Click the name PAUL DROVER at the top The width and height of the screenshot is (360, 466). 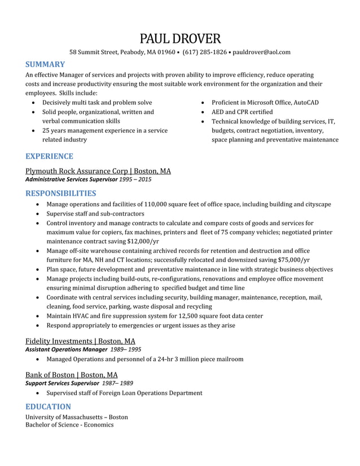click(180, 38)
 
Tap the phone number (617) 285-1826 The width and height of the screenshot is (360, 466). click(205, 52)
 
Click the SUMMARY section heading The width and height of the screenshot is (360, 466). click(45, 65)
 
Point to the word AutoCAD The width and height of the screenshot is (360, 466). click(305, 103)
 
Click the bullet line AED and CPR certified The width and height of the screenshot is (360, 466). click(242, 112)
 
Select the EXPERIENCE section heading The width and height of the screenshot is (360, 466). click(49, 156)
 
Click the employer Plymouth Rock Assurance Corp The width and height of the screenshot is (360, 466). click(77, 171)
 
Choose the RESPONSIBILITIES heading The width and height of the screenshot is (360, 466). click(61, 194)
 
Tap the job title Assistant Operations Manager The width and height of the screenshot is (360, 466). click(66, 350)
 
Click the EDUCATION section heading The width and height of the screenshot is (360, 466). click(48, 407)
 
